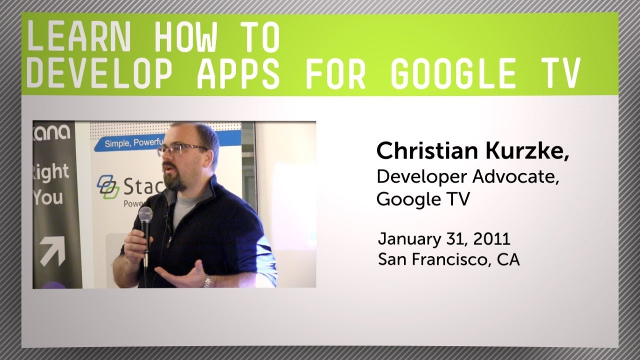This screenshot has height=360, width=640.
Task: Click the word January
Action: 406,239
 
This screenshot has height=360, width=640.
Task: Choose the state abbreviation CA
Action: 508,260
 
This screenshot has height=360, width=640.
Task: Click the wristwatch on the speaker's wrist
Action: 206,281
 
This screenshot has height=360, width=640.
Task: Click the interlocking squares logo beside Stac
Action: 108,186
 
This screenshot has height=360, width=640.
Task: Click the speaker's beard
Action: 175,180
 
